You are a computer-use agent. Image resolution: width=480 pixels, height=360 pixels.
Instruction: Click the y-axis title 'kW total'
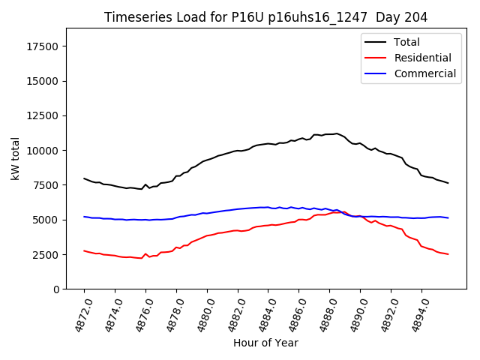coord(15,159)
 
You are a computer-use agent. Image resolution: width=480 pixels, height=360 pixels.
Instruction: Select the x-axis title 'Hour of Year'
coord(265,343)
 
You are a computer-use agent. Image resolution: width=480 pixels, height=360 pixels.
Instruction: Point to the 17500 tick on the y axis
coord(43,46)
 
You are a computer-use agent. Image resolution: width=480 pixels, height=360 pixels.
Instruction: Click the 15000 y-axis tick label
coord(43,81)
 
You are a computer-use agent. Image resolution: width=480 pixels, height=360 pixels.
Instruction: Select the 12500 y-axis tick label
coord(43,115)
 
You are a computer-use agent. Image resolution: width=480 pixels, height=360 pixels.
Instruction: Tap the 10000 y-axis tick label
coord(43,150)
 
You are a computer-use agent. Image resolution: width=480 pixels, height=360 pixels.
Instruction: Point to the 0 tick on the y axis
coord(56,289)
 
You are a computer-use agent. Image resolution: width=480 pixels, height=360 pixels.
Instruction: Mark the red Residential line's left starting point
coord(84,250)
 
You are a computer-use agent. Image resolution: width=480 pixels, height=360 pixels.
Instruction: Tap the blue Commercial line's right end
coord(448,217)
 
